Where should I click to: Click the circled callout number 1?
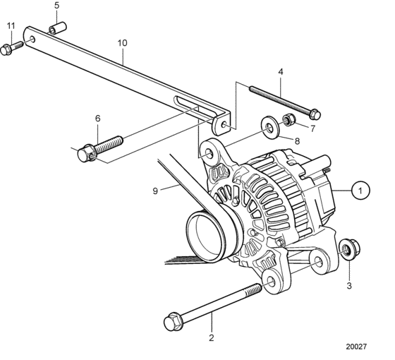[x=360, y=191]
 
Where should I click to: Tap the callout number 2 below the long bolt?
[x=212, y=338]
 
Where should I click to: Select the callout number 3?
[x=349, y=286]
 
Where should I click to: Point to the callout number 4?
[x=281, y=72]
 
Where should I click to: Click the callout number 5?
[x=57, y=6]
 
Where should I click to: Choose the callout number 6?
[x=98, y=119]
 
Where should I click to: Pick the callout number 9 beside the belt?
[x=155, y=191]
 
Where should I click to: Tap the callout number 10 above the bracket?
[x=123, y=43]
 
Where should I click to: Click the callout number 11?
[x=11, y=25]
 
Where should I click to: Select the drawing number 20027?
[x=356, y=347]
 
